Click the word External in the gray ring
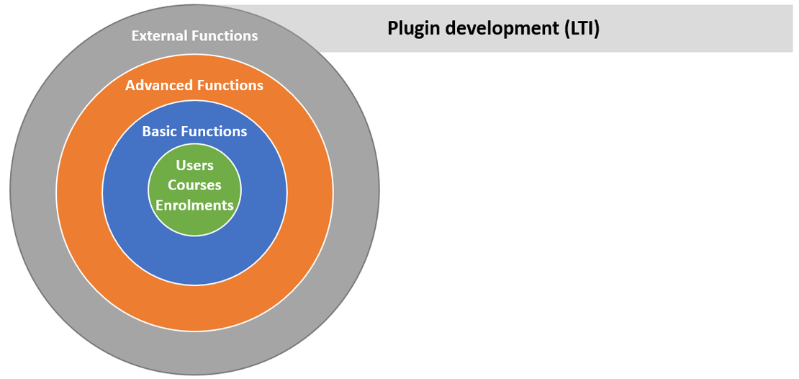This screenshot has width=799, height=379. point(160,36)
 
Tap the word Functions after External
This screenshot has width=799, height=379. point(225,36)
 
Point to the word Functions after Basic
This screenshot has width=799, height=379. point(214,132)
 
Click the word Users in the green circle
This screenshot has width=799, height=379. point(194,166)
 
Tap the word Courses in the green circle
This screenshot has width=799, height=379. point(194,185)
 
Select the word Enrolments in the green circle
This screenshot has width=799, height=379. point(194,205)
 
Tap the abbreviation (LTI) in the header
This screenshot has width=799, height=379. point(582,29)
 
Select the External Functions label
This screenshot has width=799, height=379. point(194,36)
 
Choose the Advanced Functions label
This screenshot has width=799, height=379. point(194,85)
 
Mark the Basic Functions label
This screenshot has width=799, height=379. point(194,132)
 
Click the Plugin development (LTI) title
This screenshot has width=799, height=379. point(494,29)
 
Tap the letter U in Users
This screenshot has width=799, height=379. point(181,166)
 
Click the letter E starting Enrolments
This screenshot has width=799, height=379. point(160,205)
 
